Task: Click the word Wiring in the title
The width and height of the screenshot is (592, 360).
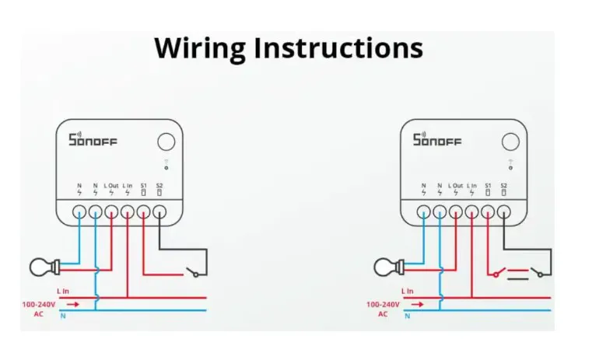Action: (200, 49)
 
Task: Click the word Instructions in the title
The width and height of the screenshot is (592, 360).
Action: (338, 48)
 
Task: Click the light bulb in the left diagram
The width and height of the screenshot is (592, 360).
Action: (44, 267)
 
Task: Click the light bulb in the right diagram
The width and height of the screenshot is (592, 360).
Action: (389, 267)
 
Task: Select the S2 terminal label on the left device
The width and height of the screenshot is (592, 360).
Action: (159, 186)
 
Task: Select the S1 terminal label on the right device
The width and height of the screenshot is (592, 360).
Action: (488, 186)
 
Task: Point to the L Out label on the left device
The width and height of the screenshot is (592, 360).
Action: (111, 186)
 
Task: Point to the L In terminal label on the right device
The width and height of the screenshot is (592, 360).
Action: (472, 186)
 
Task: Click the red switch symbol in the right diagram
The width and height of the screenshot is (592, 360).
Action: (497, 272)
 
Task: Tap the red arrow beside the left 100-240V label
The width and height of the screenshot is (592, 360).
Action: (73, 304)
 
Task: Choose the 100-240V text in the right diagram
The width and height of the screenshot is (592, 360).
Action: (383, 305)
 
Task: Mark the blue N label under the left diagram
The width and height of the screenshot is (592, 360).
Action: (63, 316)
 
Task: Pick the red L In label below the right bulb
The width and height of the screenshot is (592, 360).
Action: (408, 291)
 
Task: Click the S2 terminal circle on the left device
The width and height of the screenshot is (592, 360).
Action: (159, 211)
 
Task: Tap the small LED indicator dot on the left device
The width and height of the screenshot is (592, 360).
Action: (166, 168)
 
